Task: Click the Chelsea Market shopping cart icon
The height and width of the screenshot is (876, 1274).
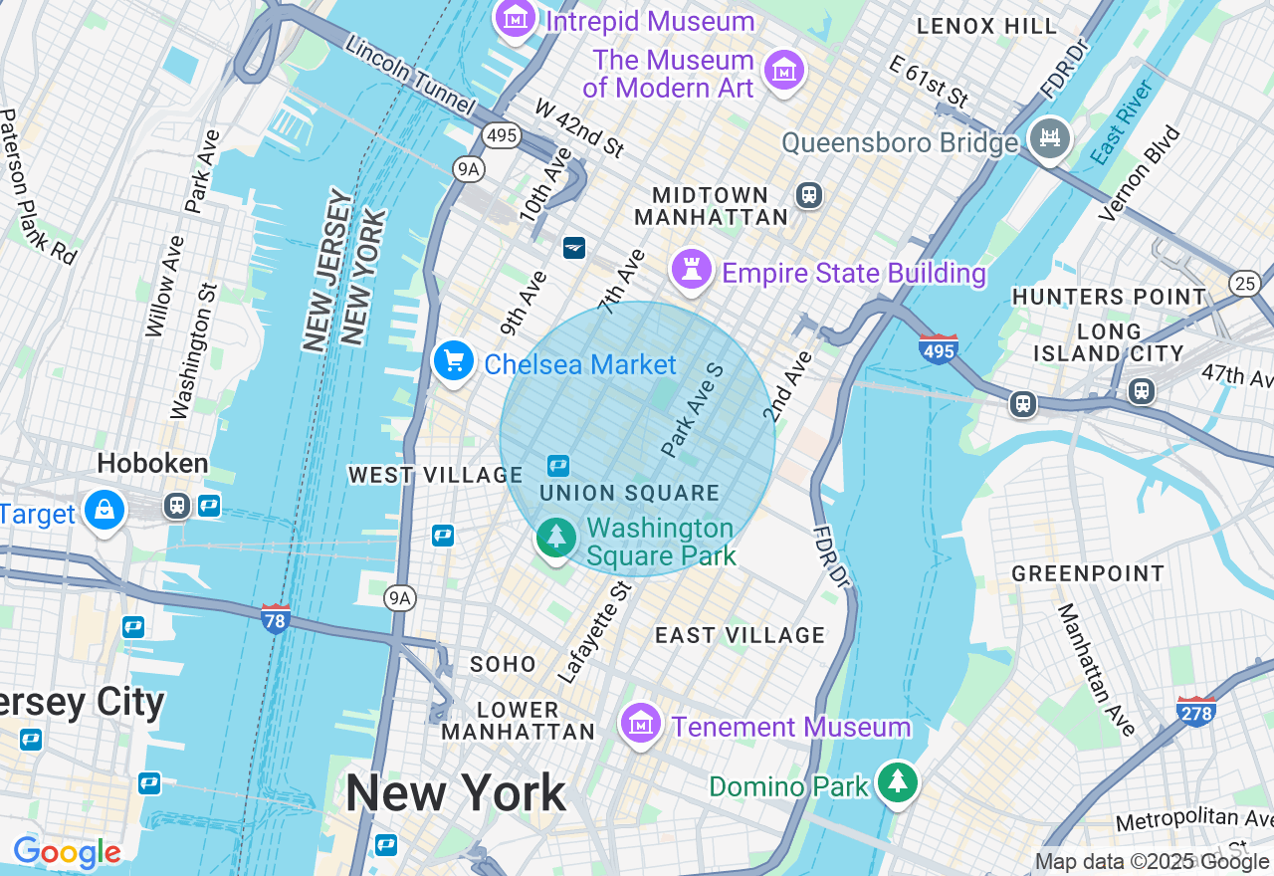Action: (454, 360)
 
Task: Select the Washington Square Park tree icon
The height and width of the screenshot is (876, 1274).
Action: (556, 538)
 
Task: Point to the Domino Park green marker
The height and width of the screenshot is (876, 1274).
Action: (898, 781)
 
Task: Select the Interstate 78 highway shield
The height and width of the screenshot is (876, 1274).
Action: (276, 618)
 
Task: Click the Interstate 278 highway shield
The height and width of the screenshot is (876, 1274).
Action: (1194, 710)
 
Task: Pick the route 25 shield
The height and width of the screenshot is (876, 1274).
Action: (1244, 284)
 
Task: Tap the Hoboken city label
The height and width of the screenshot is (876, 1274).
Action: (152, 463)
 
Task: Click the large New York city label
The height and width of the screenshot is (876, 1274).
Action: (455, 793)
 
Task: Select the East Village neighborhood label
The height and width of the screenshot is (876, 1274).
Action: (740, 635)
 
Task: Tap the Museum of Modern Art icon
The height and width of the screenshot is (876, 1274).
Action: (784, 70)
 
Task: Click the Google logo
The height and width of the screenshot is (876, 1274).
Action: (67, 853)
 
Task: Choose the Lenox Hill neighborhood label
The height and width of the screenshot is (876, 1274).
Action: (986, 26)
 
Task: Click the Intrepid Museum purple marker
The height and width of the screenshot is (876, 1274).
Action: (516, 17)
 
